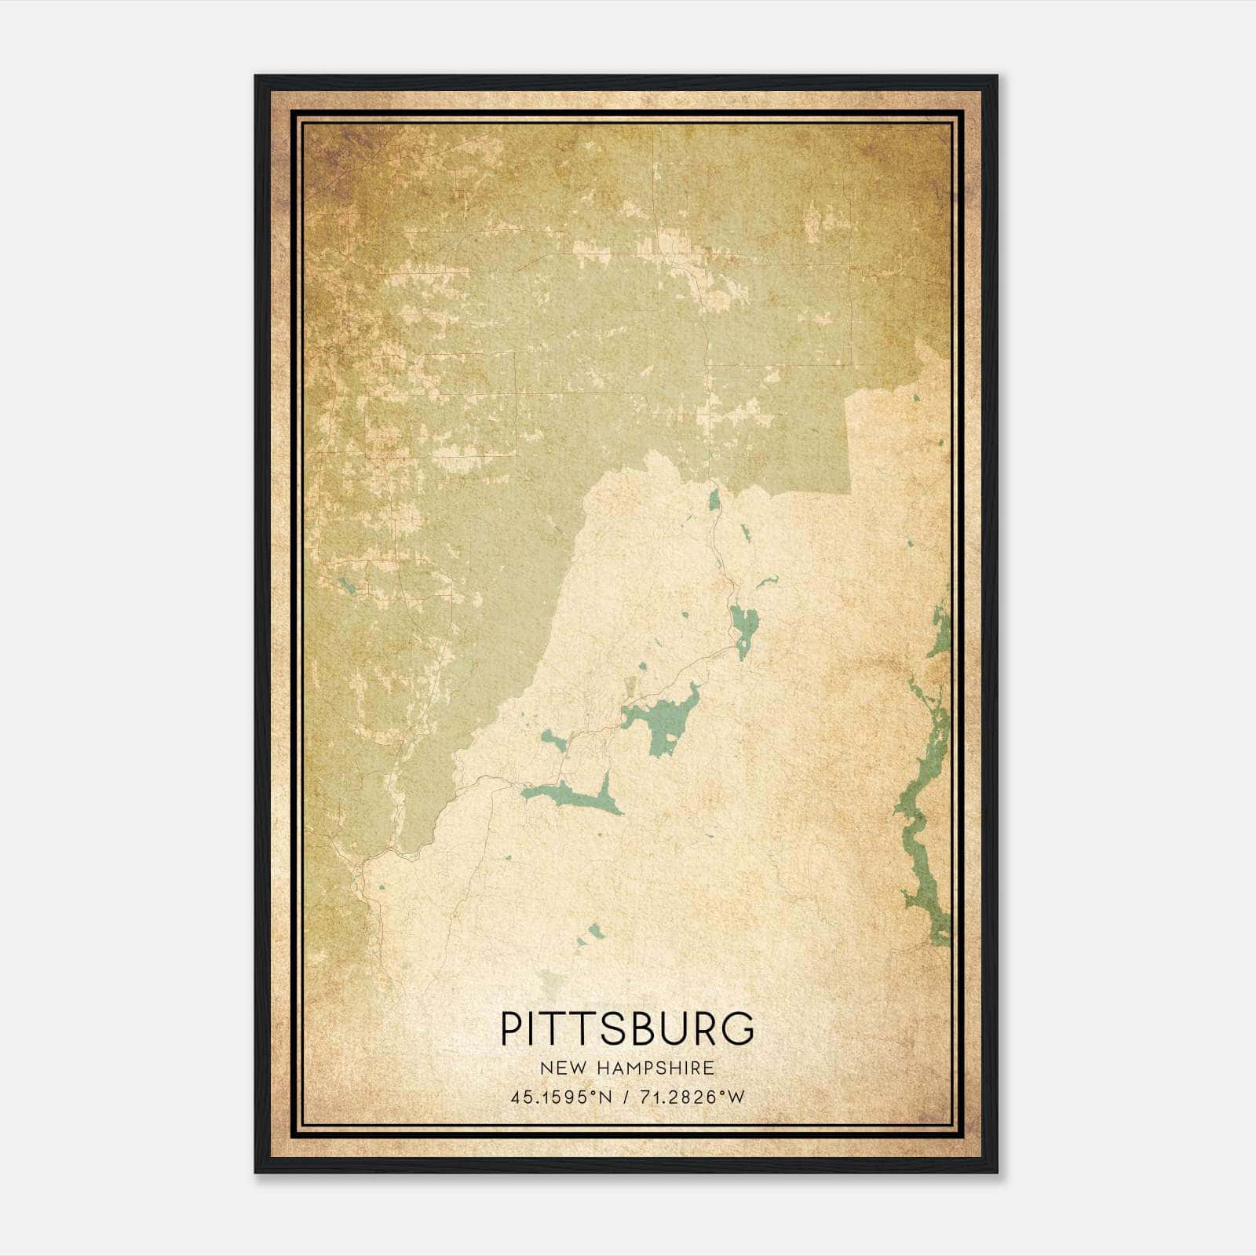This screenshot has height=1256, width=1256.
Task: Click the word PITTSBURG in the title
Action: coord(627,1028)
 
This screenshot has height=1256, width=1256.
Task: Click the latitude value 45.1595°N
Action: coord(560,1097)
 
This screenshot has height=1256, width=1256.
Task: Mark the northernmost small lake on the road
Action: coord(714,500)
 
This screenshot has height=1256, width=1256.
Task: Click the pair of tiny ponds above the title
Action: coord(590,934)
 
